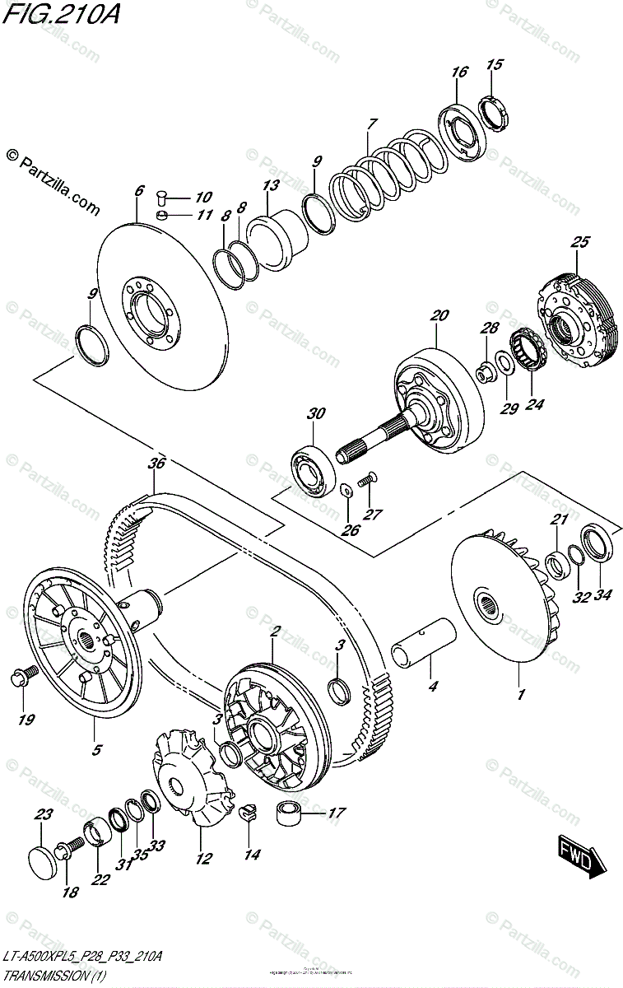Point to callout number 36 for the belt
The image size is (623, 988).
tap(156, 464)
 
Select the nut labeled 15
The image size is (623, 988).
tap(492, 110)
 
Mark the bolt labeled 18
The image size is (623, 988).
tap(69, 848)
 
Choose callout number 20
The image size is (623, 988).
tap(439, 315)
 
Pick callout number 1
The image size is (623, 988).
tap(520, 694)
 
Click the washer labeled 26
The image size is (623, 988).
tap(346, 492)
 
